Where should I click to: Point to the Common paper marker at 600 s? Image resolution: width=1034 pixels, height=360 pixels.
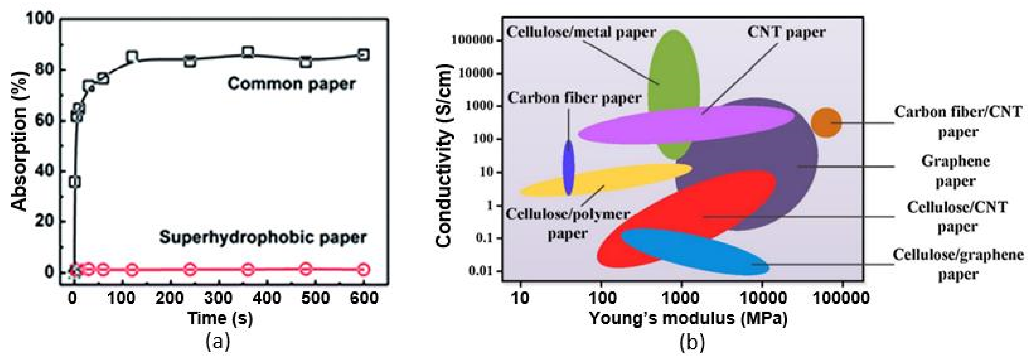coord(363,55)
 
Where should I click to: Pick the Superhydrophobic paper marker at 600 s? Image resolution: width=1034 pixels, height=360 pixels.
coord(363,269)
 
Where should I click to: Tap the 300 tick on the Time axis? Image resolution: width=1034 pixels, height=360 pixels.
coord(219,298)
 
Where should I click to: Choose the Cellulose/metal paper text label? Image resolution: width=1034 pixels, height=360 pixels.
coord(581,32)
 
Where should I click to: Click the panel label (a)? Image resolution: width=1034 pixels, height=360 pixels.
coord(218,342)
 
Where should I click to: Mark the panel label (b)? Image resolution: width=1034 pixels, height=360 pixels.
coord(692,342)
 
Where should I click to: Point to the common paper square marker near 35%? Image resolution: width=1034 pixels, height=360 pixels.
coord(75,182)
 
